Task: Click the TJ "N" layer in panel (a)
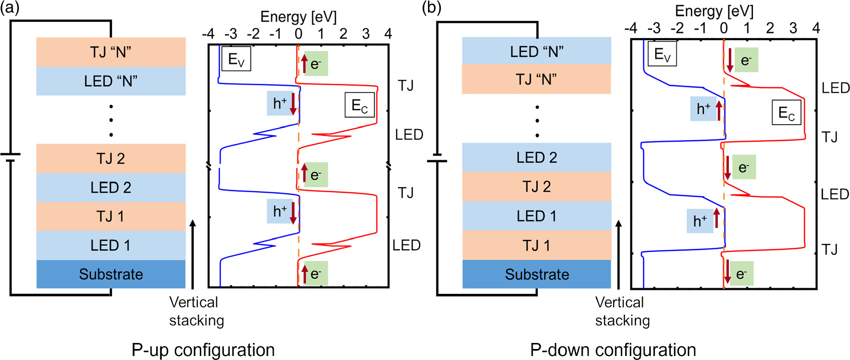pos(111,52)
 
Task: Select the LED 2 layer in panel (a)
pos(111,187)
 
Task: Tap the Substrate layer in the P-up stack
pos(111,274)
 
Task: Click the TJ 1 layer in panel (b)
pos(537,245)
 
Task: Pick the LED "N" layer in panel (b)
pos(537,51)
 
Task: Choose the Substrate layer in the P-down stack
pos(537,274)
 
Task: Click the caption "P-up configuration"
pos(203,349)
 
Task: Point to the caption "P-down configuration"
pos(613,349)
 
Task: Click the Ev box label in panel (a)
pos(236,59)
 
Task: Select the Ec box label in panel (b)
pos(786,113)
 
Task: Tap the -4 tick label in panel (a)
pos(208,34)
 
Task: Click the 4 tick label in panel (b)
pos(816,28)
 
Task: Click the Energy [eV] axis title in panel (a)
pos(298,17)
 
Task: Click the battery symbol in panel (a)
pos(11,157)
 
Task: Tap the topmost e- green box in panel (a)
pos(315,64)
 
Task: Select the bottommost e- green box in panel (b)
pos(741,274)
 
